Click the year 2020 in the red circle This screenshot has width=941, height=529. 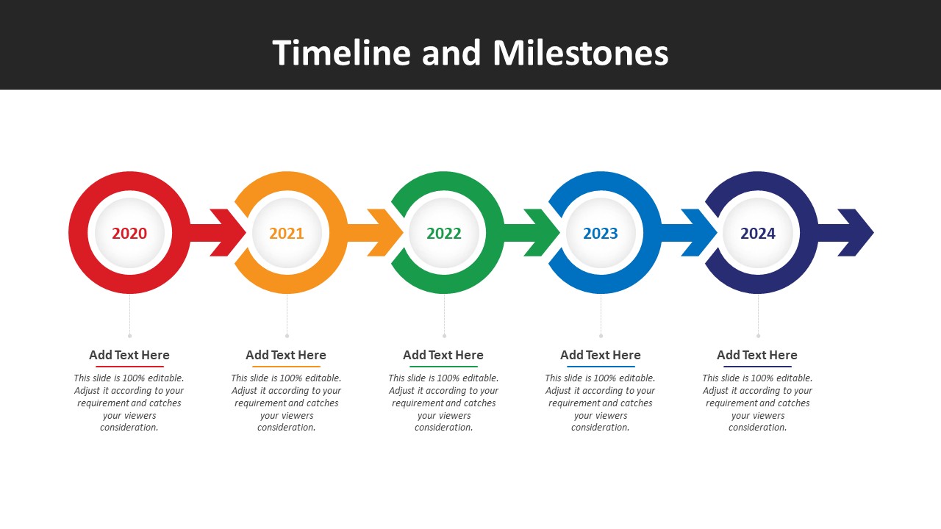[x=129, y=234]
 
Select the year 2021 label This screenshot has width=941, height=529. [x=287, y=234]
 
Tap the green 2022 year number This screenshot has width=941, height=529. [x=444, y=234]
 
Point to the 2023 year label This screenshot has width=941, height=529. [x=601, y=234]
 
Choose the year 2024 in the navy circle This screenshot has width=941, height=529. [x=758, y=234]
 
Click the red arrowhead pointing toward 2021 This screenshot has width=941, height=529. [x=229, y=233]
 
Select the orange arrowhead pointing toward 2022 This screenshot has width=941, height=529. [x=386, y=233]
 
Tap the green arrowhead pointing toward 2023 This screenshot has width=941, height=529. [x=543, y=233]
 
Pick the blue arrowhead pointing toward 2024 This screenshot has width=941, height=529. [x=700, y=233]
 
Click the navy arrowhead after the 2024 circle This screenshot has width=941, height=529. [x=857, y=233]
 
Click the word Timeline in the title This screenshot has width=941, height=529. [x=342, y=53]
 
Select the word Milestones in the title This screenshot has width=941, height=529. [x=581, y=53]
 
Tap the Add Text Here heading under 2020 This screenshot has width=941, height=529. [x=129, y=355]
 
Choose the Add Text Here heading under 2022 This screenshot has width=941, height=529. [x=443, y=355]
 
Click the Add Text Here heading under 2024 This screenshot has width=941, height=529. [x=757, y=355]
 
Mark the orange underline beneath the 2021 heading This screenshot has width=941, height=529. [x=286, y=367]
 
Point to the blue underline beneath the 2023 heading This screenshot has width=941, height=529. [x=601, y=367]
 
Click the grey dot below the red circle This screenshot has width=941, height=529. [x=130, y=336]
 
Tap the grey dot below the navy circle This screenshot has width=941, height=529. [x=758, y=336]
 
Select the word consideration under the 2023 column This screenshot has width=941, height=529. [x=601, y=428]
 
